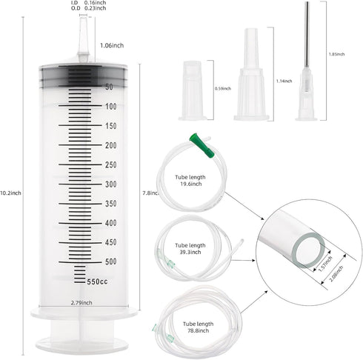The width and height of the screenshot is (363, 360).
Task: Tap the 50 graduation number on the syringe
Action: coord(108,87)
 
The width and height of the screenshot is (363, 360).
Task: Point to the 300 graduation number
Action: coord(110,184)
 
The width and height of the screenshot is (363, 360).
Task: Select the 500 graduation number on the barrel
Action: coord(110,261)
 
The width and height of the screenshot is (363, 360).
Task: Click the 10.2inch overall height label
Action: coord(11,193)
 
